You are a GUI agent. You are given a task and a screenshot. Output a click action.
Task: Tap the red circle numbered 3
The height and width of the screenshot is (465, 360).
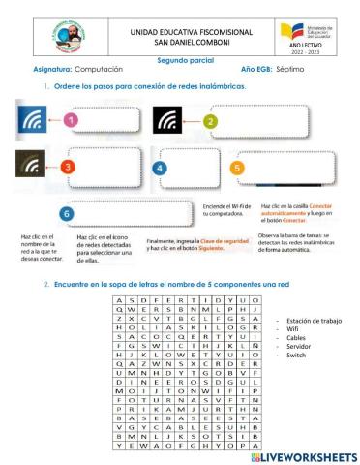coord(68,167)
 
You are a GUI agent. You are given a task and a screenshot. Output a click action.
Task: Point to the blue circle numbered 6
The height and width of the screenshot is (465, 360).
coord(66,212)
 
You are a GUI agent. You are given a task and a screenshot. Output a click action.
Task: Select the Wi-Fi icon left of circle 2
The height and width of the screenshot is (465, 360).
coord(170,120)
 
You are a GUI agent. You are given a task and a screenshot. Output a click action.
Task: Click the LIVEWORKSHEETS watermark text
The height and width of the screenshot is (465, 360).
coord(300,455)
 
